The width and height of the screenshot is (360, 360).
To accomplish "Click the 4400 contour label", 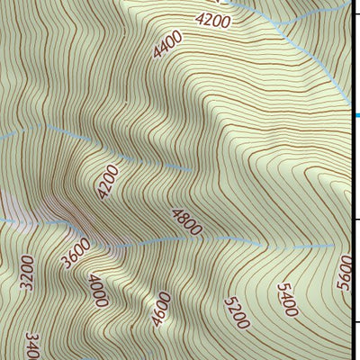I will point(168,44).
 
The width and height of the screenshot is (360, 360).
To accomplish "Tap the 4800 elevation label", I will point(187,221).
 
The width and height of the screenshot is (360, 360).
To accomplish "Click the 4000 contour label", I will point(98,290).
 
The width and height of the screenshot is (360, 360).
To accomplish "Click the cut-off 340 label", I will point(32,346).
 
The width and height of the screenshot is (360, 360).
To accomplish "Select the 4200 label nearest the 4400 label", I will point(213,18).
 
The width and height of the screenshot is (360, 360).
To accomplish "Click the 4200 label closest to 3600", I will point(108,182).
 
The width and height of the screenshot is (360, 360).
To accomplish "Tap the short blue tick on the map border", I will point(356,115).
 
